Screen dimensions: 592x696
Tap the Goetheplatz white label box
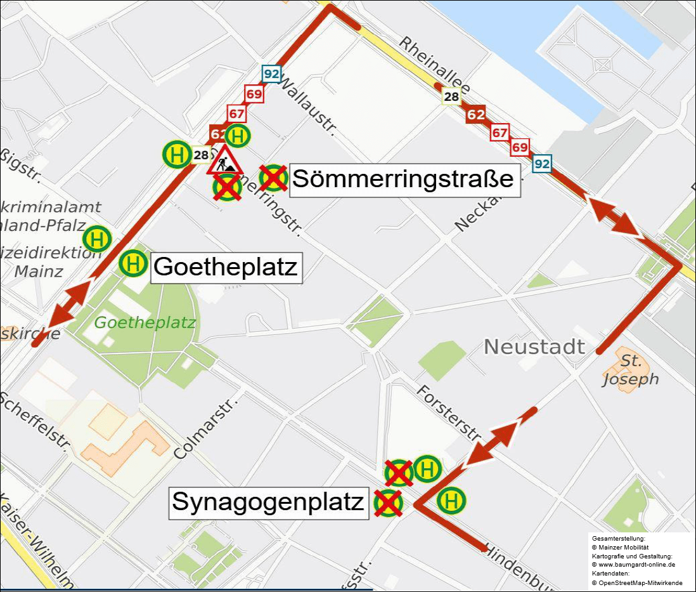[x=226, y=266]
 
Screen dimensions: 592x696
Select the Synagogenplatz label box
[x=269, y=503]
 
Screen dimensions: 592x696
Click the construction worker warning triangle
[x=224, y=161]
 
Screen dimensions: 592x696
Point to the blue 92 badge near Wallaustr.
[x=271, y=74]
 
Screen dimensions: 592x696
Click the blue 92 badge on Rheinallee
[x=542, y=163]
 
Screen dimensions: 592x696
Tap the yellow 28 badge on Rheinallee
[x=451, y=97]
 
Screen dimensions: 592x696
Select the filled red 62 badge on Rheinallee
[x=475, y=115]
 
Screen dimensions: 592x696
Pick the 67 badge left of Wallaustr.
[x=236, y=115]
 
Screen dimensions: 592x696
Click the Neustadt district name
[x=534, y=347]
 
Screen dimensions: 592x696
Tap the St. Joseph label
[x=630, y=371]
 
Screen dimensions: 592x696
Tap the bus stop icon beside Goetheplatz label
[x=133, y=263]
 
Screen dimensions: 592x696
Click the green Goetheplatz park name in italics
[x=145, y=322]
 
